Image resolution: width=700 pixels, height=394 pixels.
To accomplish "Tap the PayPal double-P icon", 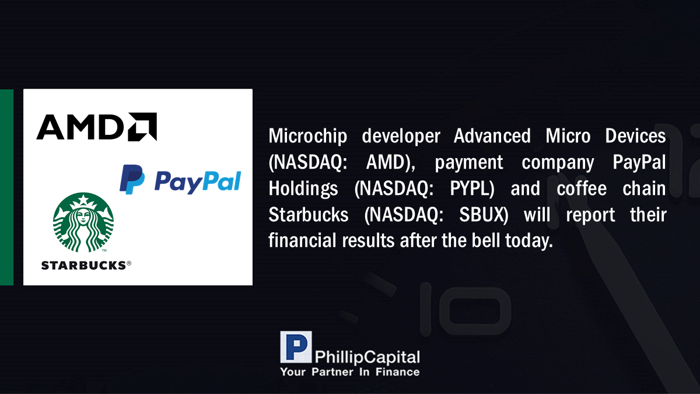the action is point(132,180).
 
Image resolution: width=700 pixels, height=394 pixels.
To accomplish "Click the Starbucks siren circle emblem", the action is point(83,222).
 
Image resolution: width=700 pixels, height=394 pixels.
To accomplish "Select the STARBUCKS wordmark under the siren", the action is point(85,266).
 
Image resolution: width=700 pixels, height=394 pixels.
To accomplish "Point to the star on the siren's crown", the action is point(83,198).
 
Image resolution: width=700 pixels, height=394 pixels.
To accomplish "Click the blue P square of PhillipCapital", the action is point(296,347).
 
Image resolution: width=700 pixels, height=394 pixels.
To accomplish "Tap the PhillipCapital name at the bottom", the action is point(367,357).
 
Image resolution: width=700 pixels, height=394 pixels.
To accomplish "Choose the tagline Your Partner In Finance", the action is point(349,372).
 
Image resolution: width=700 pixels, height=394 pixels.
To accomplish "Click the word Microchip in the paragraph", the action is point(308,137).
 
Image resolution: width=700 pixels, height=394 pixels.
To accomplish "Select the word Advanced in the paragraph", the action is point(492,135).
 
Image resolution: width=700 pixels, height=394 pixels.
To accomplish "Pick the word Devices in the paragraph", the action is point(635,135).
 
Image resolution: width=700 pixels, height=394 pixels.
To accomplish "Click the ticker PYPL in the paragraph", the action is point(472,189).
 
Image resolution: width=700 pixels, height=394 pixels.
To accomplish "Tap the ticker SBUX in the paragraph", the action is point(484,215).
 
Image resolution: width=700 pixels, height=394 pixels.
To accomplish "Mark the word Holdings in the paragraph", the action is point(303,189).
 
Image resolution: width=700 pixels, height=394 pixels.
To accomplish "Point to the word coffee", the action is point(582,188).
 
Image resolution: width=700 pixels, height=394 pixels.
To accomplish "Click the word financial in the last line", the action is point(302,240).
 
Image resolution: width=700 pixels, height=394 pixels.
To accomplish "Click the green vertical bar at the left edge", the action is point(6,187).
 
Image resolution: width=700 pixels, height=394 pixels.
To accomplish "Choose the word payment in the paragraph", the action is point(469,163).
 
